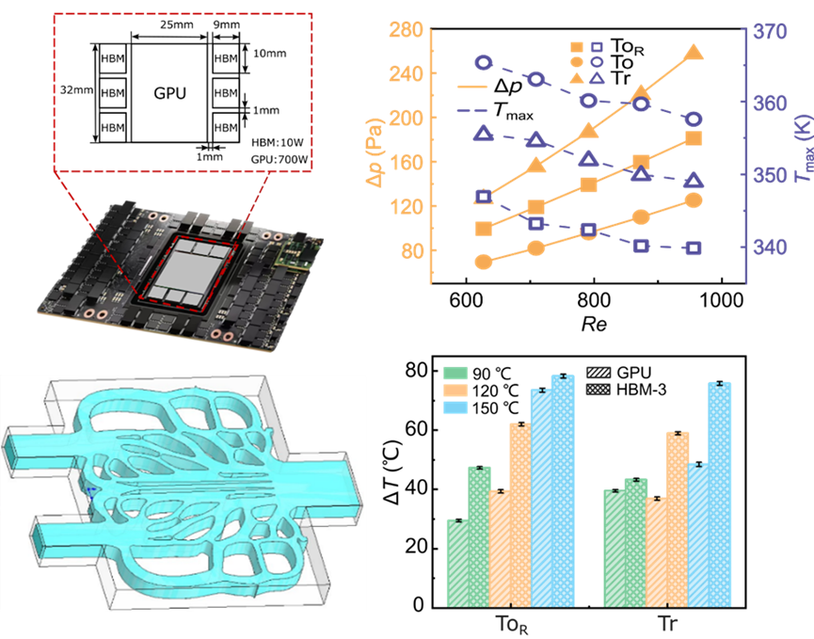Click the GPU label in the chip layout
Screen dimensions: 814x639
click(169, 93)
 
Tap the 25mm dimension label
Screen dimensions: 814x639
click(177, 24)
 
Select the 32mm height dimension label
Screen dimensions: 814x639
click(76, 89)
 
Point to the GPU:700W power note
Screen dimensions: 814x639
click(279, 159)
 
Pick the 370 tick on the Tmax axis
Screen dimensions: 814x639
click(770, 32)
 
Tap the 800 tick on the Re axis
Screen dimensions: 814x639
click(593, 300)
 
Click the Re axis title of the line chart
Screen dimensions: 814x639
click(594, 325)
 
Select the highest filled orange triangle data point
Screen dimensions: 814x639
click(694, 53)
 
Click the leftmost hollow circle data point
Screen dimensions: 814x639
click(484, 62)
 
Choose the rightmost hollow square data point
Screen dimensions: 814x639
click(694, 248)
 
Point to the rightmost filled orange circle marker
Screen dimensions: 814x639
click(694, 200)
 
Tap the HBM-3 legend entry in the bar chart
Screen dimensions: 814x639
click(626, 390)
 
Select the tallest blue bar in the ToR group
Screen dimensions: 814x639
click(563, 490)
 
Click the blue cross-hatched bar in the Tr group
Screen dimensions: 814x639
click(720, 495)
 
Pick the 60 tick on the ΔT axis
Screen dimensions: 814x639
click(415, 430)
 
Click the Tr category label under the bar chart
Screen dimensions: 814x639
click(667, 623)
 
